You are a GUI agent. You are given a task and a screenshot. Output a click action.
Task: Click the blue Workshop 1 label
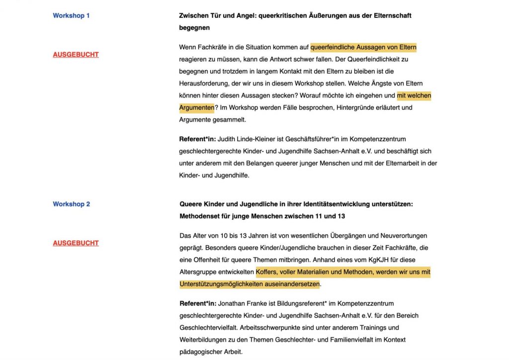71,15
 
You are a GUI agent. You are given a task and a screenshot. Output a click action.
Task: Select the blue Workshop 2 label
71,204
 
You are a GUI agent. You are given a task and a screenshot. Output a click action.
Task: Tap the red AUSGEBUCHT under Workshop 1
76,55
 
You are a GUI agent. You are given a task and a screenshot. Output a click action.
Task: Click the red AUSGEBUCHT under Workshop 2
76,243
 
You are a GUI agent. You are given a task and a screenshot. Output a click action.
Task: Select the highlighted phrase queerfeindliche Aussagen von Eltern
363,48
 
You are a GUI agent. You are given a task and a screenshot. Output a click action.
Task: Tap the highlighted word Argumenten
197,107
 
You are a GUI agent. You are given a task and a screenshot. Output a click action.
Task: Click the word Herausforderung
205,84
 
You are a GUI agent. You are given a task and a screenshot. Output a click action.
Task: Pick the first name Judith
227,139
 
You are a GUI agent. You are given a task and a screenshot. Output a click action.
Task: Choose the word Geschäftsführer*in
310,139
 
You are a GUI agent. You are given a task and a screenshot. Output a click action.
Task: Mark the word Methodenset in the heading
198,216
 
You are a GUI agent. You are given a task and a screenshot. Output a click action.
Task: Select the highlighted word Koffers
267,272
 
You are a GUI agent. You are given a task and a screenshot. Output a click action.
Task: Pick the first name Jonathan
232,303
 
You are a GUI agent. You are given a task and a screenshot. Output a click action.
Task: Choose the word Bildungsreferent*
308,303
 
